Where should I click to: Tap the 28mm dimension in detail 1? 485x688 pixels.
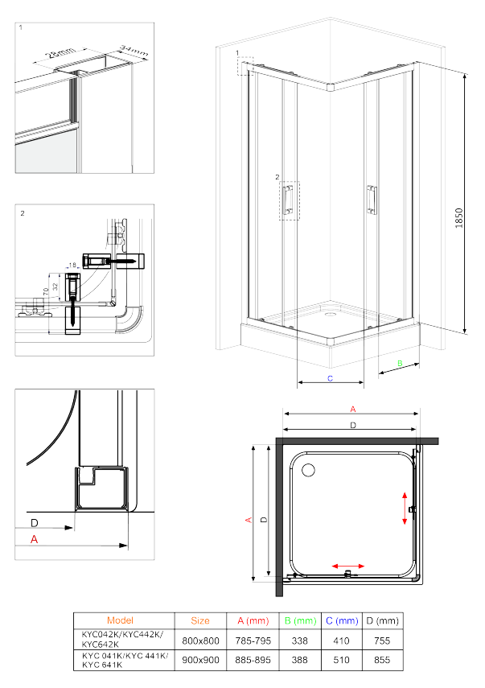pos(58,56)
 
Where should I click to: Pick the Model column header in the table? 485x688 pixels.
pos(120,620)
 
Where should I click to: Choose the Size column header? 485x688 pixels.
pos(200,620)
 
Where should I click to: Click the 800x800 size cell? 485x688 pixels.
pos(200,640)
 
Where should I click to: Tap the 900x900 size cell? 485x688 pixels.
pos(200,660)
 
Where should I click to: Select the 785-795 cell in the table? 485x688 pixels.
pos(253,640)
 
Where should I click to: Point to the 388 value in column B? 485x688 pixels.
pos(301,660)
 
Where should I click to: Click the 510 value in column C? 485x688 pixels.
pos(342,660)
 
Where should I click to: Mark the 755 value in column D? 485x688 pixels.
pos(383,640)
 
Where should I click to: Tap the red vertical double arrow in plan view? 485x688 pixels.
pos(404,509)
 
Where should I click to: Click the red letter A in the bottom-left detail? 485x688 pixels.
pos(34,540)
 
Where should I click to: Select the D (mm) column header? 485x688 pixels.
pos(383,620)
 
